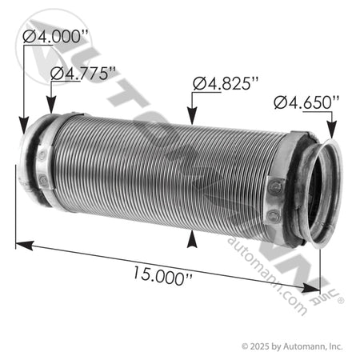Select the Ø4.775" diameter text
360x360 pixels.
pyautogui.click(x=82, y=73)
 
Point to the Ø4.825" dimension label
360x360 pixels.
pyautogui.click(x=226, y=82)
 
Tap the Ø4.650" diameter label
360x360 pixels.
pyautogui.click(x=305, y=102)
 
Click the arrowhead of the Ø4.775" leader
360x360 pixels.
pyautogui.click(x=50, y=112)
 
